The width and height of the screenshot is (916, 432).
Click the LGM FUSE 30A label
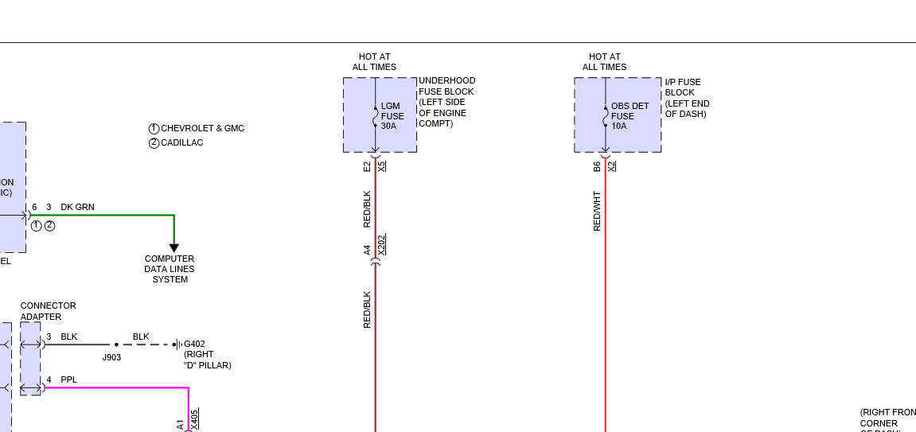tap(392, 116)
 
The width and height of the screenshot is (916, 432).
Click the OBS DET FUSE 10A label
tap(630, 116)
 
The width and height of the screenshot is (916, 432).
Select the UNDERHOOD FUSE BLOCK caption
tap(446, 102)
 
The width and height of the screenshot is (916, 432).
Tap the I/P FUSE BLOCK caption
tap(687, 98)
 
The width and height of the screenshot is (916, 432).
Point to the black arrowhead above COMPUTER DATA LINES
tap(174, 247)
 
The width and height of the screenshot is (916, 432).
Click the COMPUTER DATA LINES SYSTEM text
tap(170, 269)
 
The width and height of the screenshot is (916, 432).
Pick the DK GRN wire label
tap(77, 207)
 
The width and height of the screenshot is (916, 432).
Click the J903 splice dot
tap(116, 344)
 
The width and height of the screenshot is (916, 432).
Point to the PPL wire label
tap(69, 379)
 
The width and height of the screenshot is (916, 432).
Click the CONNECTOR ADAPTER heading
tap(48, 311)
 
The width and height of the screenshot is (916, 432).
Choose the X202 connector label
tap(381, 244)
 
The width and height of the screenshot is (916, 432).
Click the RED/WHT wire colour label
tap(597, 211)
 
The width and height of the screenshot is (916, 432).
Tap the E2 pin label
tap(367, 166)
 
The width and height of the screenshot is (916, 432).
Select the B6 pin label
tap(597, 166)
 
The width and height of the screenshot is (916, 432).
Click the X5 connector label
tap(381, 166)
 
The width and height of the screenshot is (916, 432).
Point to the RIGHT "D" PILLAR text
tap(207, 360)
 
